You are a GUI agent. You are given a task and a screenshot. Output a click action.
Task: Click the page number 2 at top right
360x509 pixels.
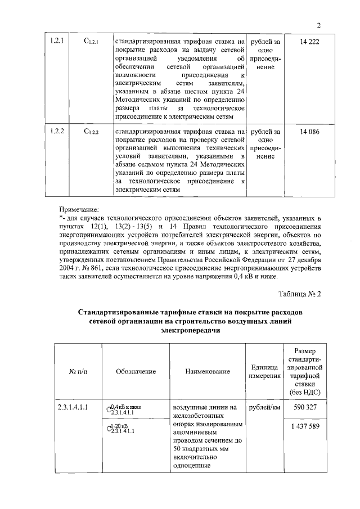pos(318,25)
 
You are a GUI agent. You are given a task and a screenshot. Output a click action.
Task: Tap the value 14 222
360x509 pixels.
pos(305,42)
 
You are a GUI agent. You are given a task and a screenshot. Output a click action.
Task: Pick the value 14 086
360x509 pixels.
pos(305,131)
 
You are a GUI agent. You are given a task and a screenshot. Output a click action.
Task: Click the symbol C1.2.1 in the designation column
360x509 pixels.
pos(91,42)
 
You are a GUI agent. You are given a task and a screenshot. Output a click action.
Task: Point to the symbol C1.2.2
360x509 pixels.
pos(91,132)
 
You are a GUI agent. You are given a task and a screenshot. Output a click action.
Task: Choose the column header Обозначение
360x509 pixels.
pos(136,372)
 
